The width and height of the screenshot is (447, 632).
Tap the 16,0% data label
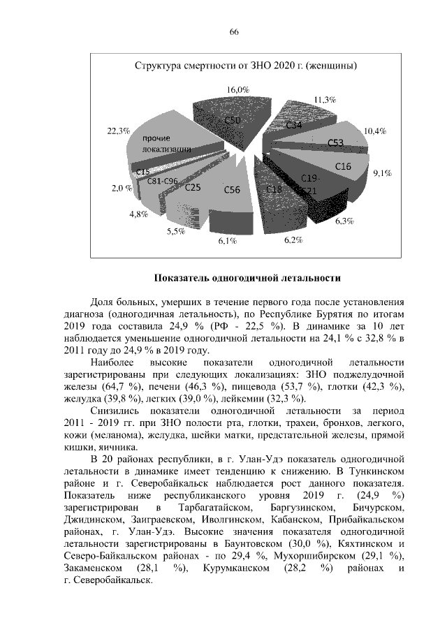click(237, 90)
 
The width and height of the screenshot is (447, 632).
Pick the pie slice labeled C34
click(294, 125)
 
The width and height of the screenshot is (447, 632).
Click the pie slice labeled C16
click(343, 166)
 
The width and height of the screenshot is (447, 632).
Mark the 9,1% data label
click(381, 173)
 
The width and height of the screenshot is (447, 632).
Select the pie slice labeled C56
click(232, 189)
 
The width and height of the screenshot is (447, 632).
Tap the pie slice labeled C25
click(193, 187)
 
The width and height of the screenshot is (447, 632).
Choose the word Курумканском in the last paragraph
click(236, 568)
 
